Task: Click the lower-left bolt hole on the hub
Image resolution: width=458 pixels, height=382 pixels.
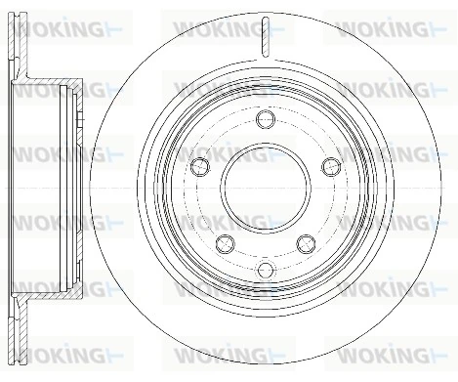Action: click(225, 242)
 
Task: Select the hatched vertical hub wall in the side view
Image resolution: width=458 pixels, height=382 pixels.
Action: click(71, 187)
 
